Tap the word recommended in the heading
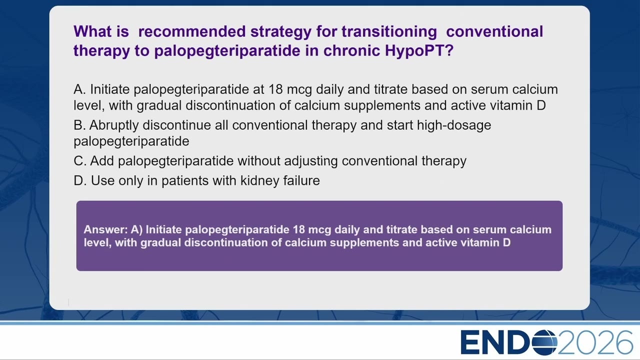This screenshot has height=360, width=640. [x=191, y=31]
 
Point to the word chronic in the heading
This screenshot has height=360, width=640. [x=351, y=50]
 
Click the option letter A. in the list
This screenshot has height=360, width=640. [x=79, y=89]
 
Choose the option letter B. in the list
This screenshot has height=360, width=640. [x=79, y=125]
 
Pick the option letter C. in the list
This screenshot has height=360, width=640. [x=80, y=161]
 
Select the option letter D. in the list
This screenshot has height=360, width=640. [x=80, y=180]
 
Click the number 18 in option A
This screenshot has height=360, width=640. [x=275, y=89]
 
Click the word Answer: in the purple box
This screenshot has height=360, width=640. [x=105, y=229]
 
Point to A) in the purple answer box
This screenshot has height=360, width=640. [x=136, y=230]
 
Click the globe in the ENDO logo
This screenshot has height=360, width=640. [x=544, y=342]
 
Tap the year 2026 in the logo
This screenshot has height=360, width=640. [x=595, y=342]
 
